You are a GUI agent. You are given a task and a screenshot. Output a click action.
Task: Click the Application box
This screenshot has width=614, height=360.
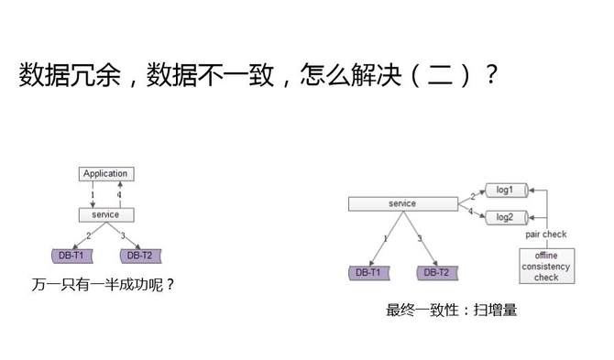click(105, 173)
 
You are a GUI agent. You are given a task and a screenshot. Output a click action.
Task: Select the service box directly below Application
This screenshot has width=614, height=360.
click(105, 214)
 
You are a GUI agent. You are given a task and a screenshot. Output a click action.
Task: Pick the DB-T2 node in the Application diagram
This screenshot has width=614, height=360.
click(139, 255)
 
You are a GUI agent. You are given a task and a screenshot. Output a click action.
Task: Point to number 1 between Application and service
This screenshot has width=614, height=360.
click(93, 194)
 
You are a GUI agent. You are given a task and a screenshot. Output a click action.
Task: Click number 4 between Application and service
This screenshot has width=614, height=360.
click(119, 194)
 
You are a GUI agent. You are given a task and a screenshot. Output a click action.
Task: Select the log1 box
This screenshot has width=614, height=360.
click(504, 190)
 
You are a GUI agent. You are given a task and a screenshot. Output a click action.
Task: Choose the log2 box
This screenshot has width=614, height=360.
click(504, 217)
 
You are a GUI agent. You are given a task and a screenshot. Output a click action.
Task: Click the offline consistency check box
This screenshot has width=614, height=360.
click(546, 266)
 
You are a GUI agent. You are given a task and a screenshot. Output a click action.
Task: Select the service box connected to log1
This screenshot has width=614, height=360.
click(402, 203)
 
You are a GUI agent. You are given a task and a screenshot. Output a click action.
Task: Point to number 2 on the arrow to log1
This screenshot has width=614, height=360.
click(472, 195)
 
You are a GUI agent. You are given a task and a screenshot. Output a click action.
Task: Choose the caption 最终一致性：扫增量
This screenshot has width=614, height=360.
click(452, 310)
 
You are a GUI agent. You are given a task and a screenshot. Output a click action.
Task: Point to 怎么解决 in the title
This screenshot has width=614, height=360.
click(345, 76)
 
